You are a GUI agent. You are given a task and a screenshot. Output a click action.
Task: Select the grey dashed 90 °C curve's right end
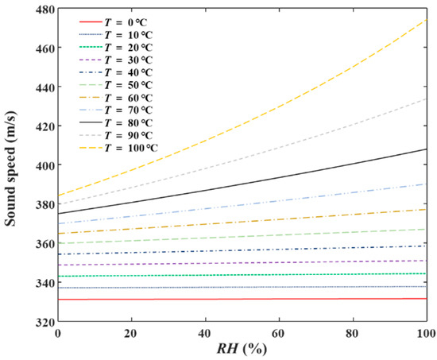point(427,99)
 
